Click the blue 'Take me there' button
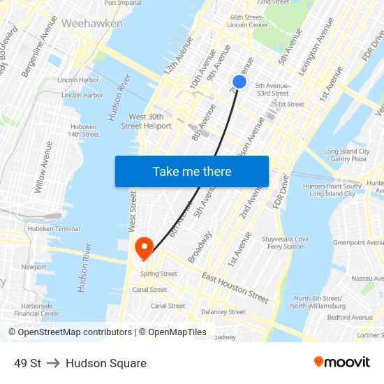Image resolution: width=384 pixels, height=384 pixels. click(x=192, y=171)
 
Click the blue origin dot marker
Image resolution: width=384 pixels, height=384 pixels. click(x=239, y=82)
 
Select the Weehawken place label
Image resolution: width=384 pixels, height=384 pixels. click(x=92, y=23)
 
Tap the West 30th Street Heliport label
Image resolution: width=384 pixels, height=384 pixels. click(x=146, y=121)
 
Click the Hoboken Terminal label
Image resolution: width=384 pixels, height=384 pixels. click(x=54, y=228)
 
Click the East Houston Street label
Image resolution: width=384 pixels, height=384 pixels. click(x=235, y=288)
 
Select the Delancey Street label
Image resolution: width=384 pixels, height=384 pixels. click(x=223, y=312)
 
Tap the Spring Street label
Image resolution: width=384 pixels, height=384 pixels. click(x=159, y=274)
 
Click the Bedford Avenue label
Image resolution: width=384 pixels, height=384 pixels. click(x=350, y=317)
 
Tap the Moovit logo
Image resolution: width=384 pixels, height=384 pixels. click(x=342, y=362)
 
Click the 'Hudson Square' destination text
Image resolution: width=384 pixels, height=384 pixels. click(x=106, y=363)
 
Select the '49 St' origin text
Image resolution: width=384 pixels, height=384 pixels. click(x=27, y=363)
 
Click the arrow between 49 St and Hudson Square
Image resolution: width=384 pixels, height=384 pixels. click(x=54, y=363)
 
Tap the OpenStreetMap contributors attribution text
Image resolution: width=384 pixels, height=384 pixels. click(x=71, y=332)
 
